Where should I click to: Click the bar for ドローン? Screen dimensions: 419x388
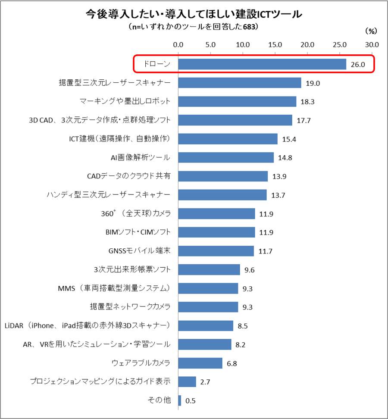262,64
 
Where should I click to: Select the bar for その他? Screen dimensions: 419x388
179,400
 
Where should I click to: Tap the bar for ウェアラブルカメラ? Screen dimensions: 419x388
200,363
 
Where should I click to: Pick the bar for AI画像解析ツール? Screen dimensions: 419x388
226,157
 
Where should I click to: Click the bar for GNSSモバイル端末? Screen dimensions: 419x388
216,251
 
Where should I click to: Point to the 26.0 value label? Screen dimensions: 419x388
358,65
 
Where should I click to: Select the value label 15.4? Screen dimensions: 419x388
289,139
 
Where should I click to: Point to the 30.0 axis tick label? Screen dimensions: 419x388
372,44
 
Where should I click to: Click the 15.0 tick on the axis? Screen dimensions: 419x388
275,44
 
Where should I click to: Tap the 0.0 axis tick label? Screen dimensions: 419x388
178,44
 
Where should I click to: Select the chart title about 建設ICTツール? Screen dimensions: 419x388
194,14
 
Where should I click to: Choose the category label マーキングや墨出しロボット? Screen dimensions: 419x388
125,101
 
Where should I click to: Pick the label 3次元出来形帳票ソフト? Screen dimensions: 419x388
132,269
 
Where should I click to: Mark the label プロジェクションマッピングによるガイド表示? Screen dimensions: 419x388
100,381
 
